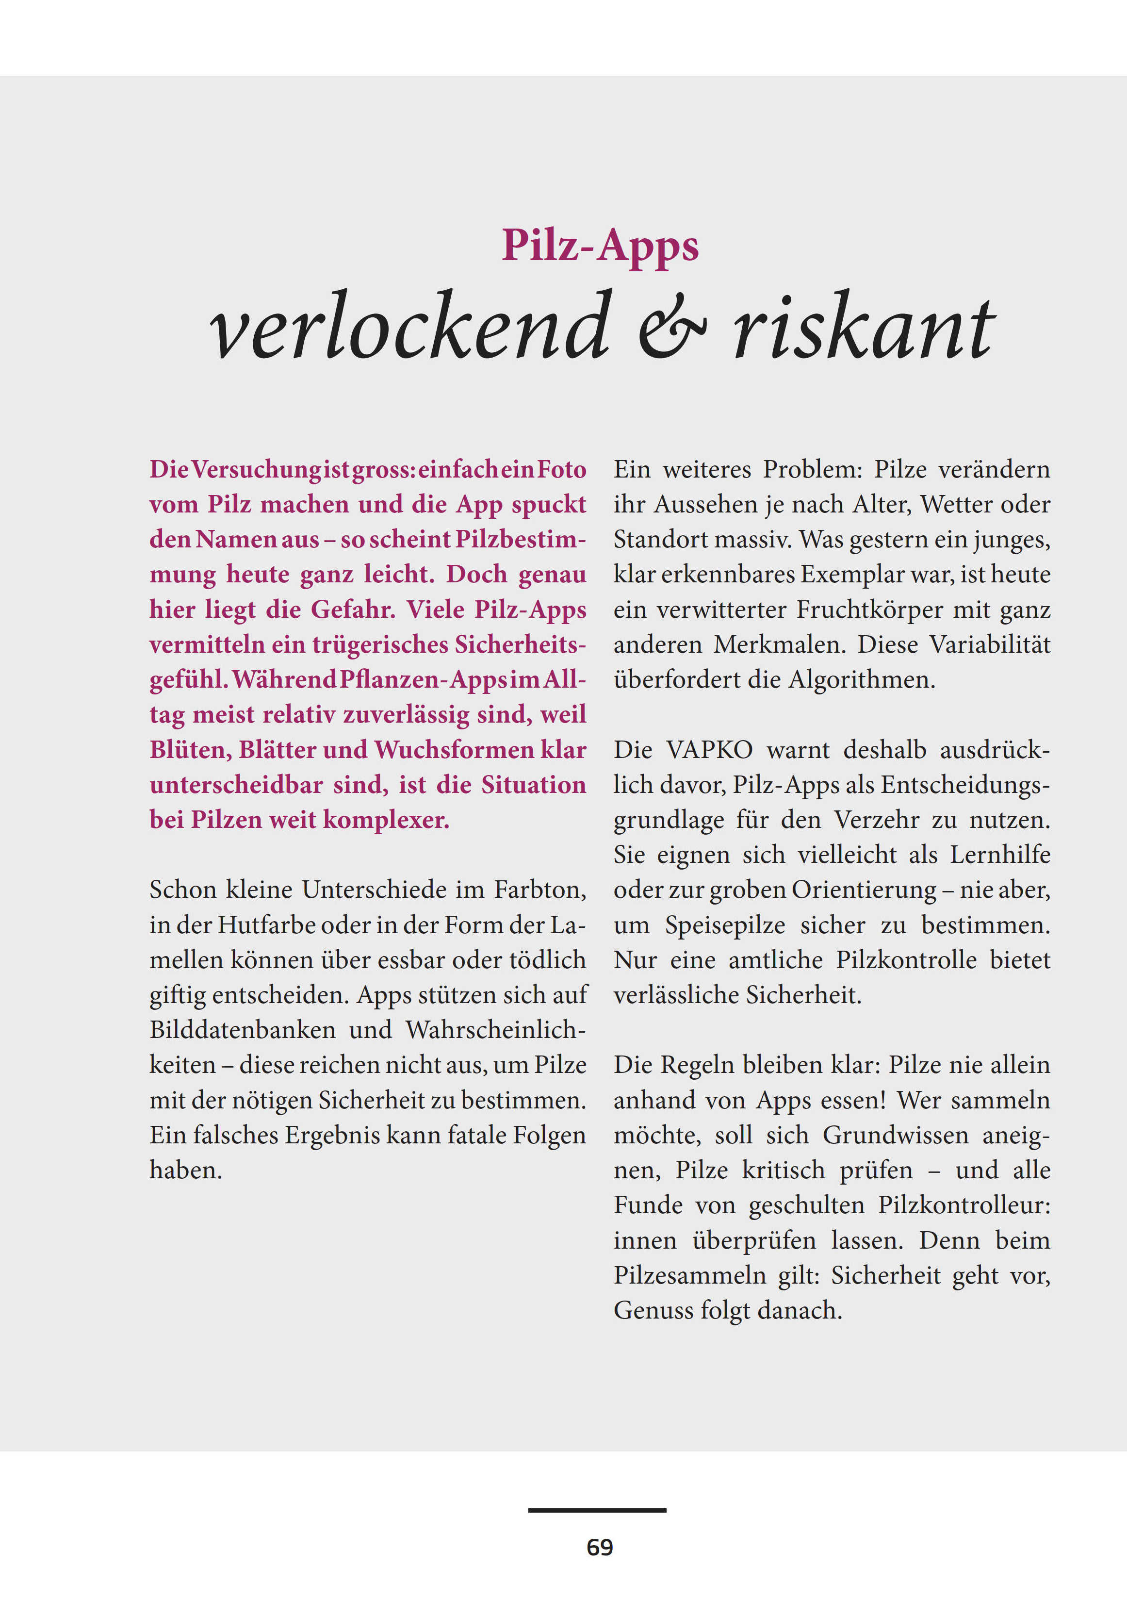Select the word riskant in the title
[863, 326]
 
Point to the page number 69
[600, 1547]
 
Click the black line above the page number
[597, 1510]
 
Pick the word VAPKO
[709, 750]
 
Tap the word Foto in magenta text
[561, 470]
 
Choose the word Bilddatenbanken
[243, 1030]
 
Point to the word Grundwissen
[896, 1135]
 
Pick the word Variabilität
[989, 644]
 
